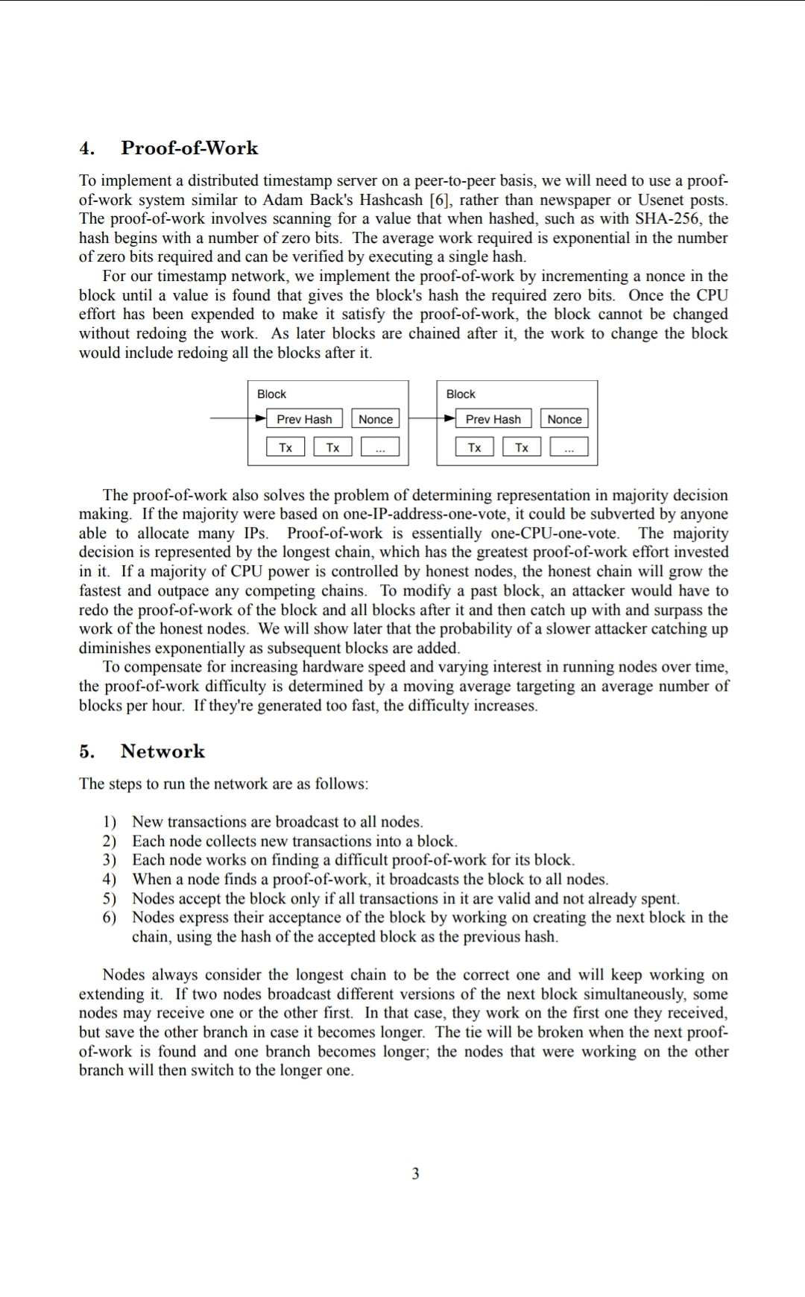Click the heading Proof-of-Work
click(x=189, y=148)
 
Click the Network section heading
click(x=162, y=751)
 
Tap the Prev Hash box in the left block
click(x=304, y=419)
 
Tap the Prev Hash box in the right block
click(x=493, y=419)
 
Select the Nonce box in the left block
click(x=375, y=419)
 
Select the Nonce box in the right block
click(x=564, y=419)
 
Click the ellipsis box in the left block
click(x=380, y=447)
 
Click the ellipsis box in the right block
click(x=569, y=447)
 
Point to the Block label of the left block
click(x=271, y=394)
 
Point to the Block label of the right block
click(x=461, y=394)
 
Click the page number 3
click(x=415, y=1173)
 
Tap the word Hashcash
click(x=392, y=200)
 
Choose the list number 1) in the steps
click(x=110, y=821)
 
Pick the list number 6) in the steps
click(x=110, y=917)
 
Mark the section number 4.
click(x=87, y=148)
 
